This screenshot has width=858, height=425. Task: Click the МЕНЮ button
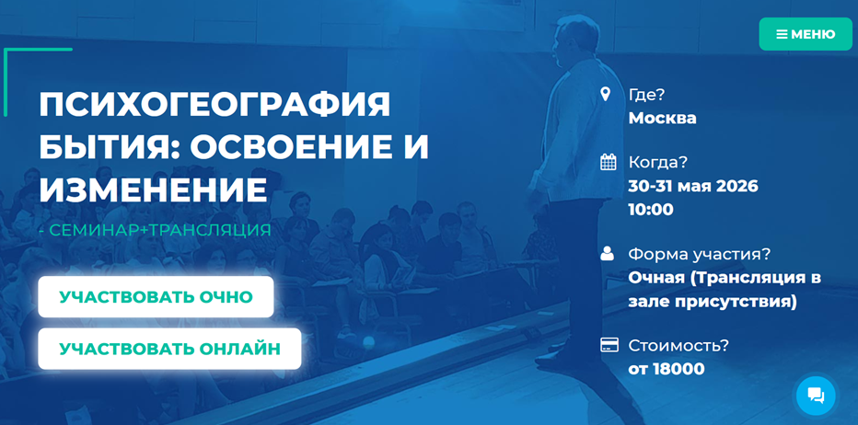pos(806,34)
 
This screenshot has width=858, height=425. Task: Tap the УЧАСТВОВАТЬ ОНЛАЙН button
pos(169,349)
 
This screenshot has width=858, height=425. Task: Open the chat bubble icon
pos(816,395)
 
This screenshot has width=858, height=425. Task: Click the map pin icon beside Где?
pos(605,94)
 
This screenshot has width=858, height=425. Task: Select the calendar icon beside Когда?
pos(608,163)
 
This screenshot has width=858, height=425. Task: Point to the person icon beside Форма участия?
pos(608,254)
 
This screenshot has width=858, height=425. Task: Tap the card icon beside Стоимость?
pos(609,345)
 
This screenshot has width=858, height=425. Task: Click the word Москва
pos(662,118)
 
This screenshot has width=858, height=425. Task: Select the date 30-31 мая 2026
pos(693,186)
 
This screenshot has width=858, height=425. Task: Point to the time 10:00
pos(651,210)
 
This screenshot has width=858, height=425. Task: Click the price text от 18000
pos(667,369)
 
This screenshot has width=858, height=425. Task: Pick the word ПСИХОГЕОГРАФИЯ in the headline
pos(214,105)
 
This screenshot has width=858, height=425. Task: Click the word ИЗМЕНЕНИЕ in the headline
pos(153,190)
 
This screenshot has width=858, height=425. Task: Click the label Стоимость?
pos(678,346)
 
